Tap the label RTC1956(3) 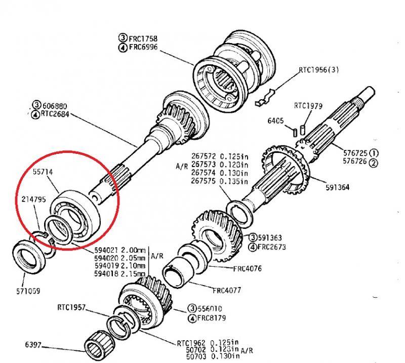coord(318,70)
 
